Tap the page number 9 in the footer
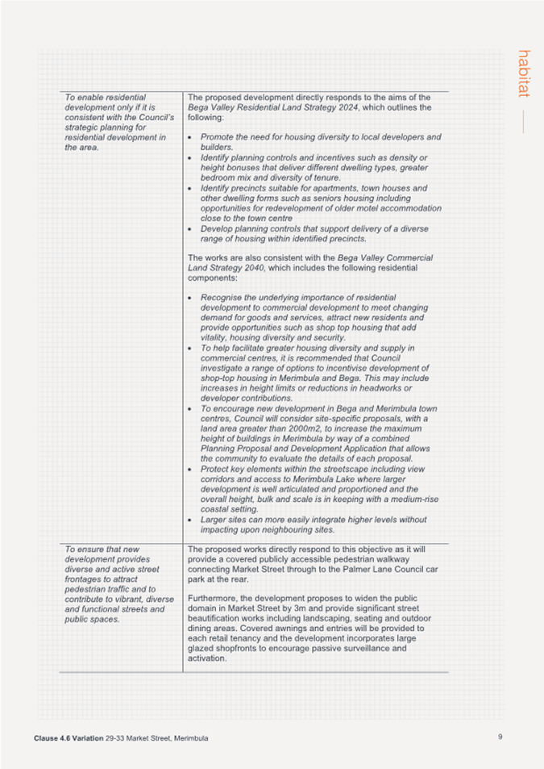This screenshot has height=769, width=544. tap(500, 736)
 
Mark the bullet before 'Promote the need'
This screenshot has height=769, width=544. tap(189, 138)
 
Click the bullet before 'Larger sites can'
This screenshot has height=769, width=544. tap(189, 520)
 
